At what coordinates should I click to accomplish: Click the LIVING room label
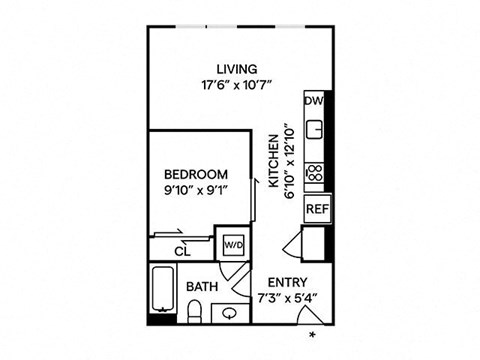point(237,69)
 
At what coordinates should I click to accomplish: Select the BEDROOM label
point(196,174)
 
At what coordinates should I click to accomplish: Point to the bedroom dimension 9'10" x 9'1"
point(196,191)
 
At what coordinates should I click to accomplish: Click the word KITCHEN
point(274,161)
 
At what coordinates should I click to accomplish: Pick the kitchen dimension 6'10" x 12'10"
point(290,161)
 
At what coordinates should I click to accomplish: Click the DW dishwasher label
point(314,100)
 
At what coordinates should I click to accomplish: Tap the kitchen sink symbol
point(315,129)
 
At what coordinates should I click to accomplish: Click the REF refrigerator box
point(317,209)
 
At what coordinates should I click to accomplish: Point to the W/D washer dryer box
point(234,245)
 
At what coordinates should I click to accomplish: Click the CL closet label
point(182,251)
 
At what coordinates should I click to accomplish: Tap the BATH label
point(202,287)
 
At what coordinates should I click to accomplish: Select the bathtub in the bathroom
point(163,289)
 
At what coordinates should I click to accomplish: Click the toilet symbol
point(194,311)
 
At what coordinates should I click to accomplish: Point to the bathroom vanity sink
point(229,313)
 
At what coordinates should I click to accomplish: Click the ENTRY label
point(287,282)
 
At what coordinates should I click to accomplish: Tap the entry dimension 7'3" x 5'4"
point(287,298)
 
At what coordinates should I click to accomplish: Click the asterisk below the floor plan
point(312,335)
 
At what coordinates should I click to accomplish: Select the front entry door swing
point(308,314)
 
